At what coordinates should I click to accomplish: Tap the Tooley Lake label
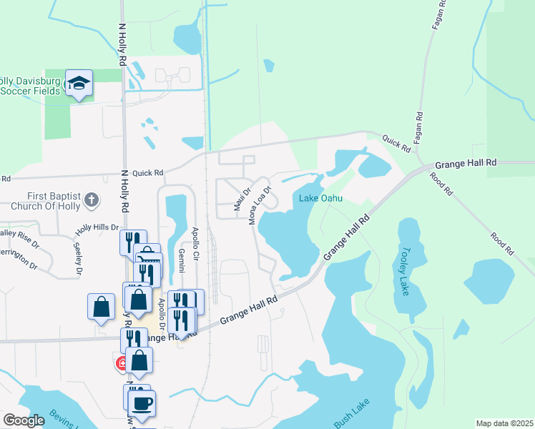406,271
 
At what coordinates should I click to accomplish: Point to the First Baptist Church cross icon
91,200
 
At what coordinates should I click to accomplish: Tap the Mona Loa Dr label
260,207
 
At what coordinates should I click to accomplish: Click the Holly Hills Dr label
97,228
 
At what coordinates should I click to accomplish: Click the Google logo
24,420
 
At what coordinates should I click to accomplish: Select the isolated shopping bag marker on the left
102,306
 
